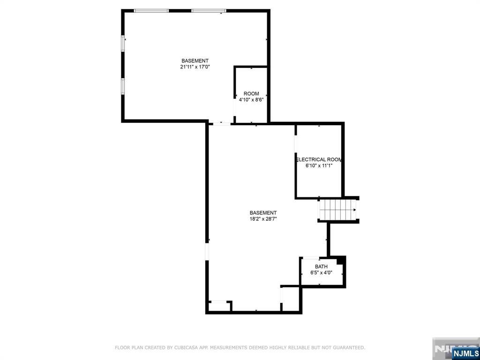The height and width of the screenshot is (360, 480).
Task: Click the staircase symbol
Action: tap(337, 210)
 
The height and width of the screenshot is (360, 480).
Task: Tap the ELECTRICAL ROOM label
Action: tap(319, 159)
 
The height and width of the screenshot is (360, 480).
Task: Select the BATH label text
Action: tap(321, 267)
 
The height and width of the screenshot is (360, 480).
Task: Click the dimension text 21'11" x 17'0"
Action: tap(195, 67)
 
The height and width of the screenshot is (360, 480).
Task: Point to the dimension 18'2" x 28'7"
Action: tap(263, 218)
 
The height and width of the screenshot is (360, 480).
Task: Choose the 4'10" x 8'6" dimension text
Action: tap(251, 99)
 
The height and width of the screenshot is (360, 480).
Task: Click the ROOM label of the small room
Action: tap(251, 94)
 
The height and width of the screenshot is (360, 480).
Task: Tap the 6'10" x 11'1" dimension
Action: tap(319, 165)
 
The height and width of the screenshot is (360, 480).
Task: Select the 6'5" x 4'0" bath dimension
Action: tap(321, 272)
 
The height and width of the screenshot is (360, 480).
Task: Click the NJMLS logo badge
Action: tap(465, 353)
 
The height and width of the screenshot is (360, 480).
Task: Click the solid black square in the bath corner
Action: tap(341, 260)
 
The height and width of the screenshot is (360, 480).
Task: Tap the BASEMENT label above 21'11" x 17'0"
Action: tap(195, 61)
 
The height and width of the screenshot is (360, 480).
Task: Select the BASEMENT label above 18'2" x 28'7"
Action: tap(263, 212)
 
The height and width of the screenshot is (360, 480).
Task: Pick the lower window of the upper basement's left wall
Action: tap(123, 86)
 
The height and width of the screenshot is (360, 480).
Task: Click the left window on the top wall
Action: tap(151, 11)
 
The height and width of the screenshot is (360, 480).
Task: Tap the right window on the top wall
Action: tap(209, 11)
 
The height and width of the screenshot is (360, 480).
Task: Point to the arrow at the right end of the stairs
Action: tap(355, 210)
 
